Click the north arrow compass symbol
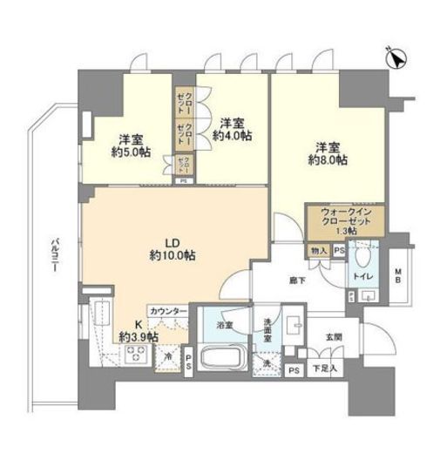point(396,59)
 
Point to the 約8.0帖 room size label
point(328,160)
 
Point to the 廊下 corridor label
point(298,281)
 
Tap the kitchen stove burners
point(136,355)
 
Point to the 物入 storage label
point(318,251)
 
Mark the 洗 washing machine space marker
point(268,362)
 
